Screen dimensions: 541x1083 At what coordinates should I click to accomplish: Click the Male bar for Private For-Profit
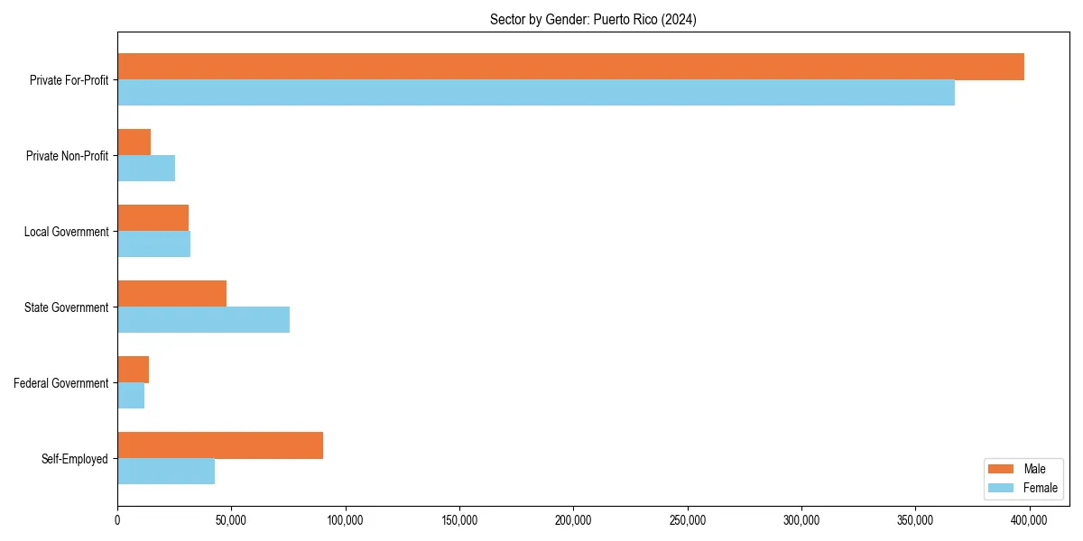[x=570, y=67]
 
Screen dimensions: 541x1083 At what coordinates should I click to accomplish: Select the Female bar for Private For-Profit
[x=536, y=93]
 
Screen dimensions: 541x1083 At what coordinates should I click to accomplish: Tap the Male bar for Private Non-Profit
[x=134, y=142]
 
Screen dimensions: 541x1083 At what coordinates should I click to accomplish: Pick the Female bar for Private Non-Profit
[x=146, y=169]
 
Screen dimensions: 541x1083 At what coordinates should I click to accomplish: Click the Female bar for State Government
[x=203, y=320]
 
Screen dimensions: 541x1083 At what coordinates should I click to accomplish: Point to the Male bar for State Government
[x=171, y=294]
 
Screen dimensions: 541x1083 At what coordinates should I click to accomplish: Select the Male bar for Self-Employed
[x=220, y=445]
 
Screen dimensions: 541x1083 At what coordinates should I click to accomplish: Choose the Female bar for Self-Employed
[x=166, y=472]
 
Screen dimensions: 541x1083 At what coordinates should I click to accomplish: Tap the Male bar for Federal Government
[x=133, y=370]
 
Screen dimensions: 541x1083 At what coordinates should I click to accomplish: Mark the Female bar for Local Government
[x=153, y=244]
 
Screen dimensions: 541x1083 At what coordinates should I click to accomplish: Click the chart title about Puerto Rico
[x=593, y=19]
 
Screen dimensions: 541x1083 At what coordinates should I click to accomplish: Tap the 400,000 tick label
[x=1029, y=520]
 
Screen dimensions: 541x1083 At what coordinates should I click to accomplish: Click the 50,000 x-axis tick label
[x=231, y=520]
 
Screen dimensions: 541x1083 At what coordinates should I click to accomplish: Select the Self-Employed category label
[x=75, y=459]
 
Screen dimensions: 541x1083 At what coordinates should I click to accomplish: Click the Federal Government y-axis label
[x=61, y=383]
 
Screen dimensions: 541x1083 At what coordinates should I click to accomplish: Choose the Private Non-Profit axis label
[x=67, y=156]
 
